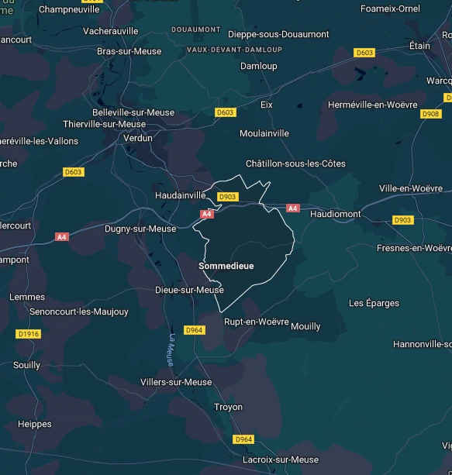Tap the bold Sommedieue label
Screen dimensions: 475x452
click(226, 266)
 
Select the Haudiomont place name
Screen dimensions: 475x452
click(335, 213)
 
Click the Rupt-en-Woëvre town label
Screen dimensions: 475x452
click(256, 322)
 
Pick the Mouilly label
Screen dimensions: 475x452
click(305, 326)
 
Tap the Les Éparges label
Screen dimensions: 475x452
click(374, 302)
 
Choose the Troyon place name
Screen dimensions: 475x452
click(228, 407)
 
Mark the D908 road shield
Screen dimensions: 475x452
click(430, 114)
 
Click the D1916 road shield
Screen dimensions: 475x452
click(27, 334)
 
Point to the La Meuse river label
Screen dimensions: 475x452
click(171, 349)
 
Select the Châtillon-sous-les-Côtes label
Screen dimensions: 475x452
click(295, 163)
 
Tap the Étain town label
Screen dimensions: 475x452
click(419, 46)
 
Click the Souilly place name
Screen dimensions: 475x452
click(26, 365)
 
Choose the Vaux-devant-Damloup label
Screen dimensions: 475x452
click(234, 50)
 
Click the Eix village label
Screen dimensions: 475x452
click(267, 104)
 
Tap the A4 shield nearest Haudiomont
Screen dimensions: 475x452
click(292, 208)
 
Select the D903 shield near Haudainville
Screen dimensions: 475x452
click(227, 197)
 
